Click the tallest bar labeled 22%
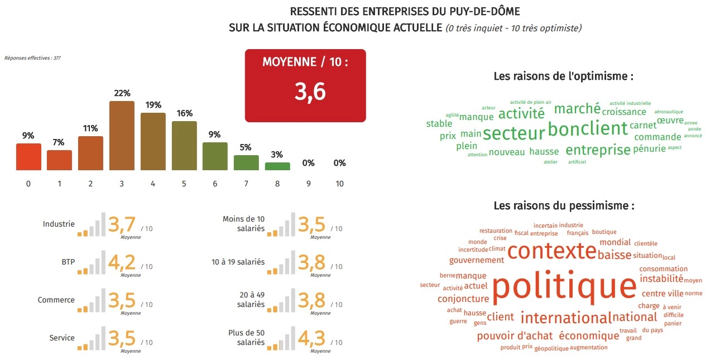coord(122,136)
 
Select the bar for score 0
coord(28,157)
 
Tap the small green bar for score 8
coord(277,166)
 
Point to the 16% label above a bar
coord(184,113)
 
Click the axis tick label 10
coord(339,184)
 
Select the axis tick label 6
coord(215,184)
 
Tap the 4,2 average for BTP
coord(122,262)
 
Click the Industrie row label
coord(59,224)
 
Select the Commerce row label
coord(56,300)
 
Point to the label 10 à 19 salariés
coord(238,262)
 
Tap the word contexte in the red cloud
coord(551,251)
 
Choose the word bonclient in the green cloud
coord(587,129)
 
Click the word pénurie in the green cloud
coord(650,148)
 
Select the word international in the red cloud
coord(566,318)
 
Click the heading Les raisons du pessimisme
coord(564,206)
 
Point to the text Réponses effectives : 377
coord(32,57)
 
